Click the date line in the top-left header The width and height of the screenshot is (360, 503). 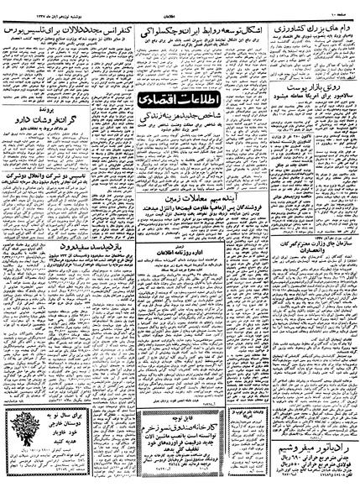tap(34, 7)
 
